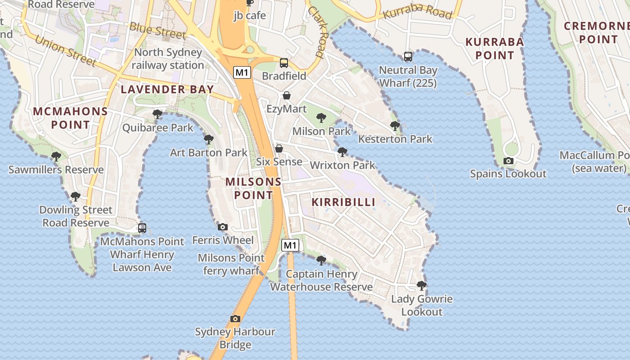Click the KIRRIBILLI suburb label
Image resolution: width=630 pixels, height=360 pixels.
343,202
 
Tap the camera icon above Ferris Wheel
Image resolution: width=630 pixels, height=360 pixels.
223,227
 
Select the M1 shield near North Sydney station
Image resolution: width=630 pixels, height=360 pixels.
242,72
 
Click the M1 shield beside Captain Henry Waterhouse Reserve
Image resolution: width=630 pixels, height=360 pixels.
290,245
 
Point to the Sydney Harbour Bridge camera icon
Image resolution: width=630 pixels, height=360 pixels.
235,319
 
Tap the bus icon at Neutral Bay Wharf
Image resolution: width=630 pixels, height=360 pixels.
408,57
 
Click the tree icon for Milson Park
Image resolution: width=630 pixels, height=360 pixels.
321,118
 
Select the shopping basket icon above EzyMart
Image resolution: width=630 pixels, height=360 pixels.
287,95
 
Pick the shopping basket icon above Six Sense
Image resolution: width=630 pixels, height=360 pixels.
279,148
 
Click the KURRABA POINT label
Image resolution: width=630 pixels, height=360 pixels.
495,49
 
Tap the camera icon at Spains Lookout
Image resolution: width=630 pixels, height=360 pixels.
508,161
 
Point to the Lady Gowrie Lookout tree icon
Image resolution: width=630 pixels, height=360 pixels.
422,285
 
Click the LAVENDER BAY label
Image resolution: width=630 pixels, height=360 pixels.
167,89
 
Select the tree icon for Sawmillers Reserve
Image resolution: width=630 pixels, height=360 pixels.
56,156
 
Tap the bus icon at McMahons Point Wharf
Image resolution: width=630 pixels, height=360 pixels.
142,228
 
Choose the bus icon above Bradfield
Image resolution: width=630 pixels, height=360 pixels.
284,63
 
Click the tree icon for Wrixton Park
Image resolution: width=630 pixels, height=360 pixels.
342,152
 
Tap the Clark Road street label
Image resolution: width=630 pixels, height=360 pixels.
316,31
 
